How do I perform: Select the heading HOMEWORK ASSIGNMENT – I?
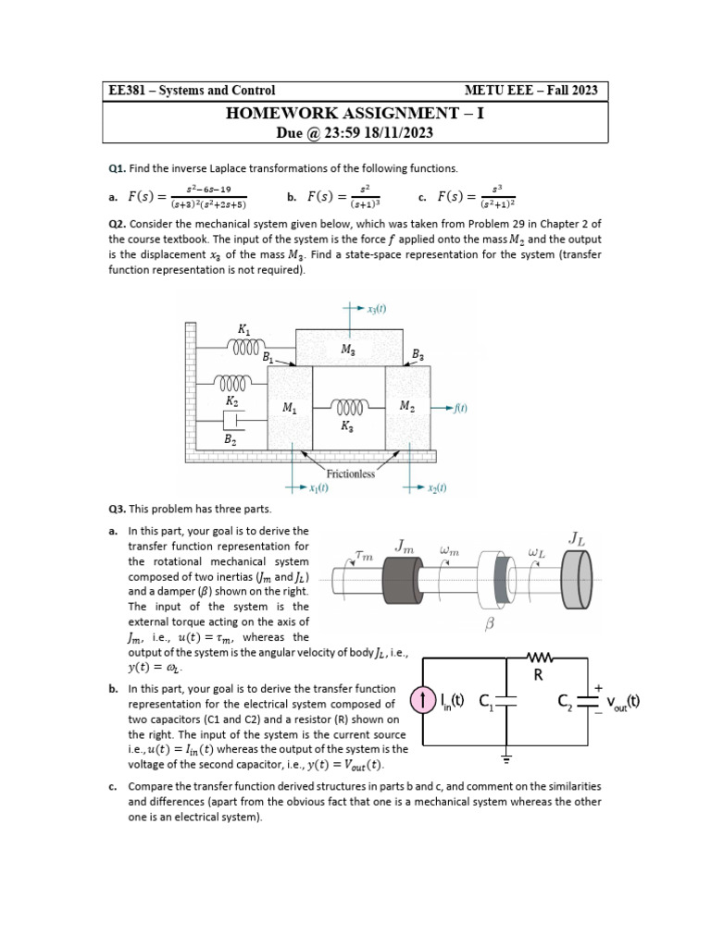pos(355,114)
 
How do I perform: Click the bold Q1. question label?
pos(118,168)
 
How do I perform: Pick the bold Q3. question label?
pos(118,509)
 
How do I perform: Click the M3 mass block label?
pos(348,350)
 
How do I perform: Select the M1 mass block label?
pos(289,407)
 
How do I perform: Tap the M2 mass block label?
pos(407,407)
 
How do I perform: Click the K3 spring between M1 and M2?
pos(349,407)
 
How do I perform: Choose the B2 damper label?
pos(231,442)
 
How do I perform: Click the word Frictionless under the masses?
pos(350,473)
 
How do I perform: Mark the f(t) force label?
pos(460,408)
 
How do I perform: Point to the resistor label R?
pos(538,675)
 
